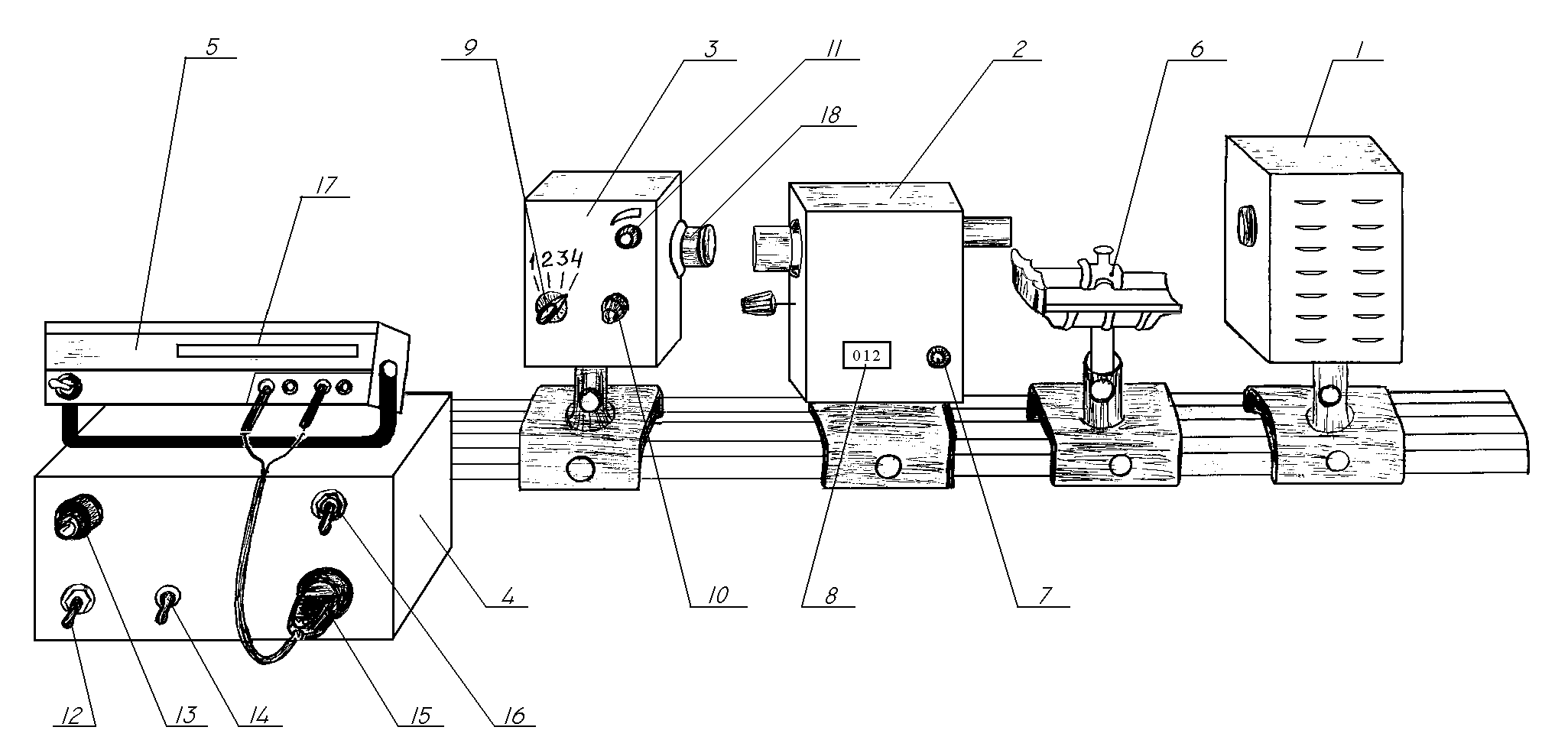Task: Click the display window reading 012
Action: [x=866, y=355]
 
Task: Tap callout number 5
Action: [x=212, y=46]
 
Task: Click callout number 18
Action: [x=829, y=114]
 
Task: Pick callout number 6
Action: [x=1196, y=48]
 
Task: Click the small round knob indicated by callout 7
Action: [x=937, y=356]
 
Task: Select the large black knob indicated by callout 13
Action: [x=77, y=518]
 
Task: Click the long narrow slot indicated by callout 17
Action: [x=267, y=351]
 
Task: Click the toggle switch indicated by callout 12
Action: [x=74, y=606]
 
